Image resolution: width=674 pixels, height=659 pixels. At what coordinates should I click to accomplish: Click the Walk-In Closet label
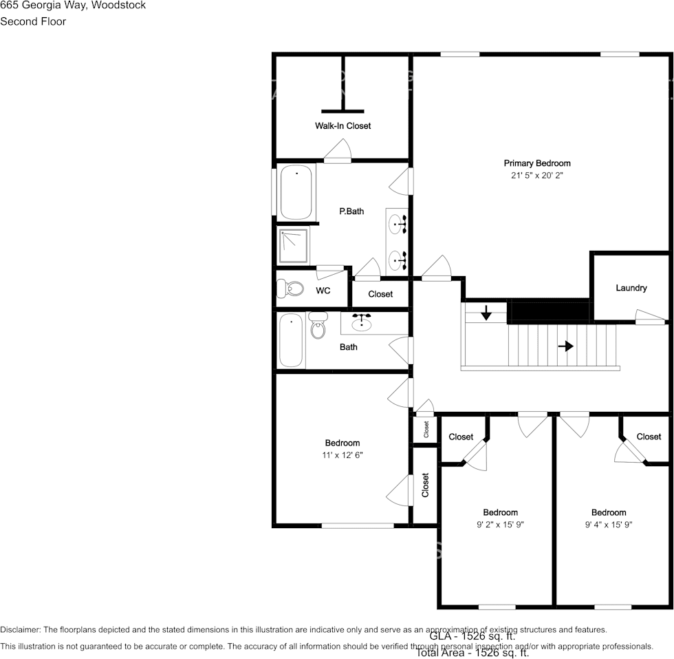coord(343,126)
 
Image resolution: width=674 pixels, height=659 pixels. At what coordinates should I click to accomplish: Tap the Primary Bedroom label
coord(537,163)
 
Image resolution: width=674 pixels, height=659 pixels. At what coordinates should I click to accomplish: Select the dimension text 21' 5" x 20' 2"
coord(537,176)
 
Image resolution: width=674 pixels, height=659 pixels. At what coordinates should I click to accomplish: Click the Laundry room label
coord(631,288)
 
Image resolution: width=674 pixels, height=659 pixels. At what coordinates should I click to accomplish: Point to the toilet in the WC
coord(290,289)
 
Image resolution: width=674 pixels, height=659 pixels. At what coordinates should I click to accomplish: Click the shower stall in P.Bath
coord(294,246)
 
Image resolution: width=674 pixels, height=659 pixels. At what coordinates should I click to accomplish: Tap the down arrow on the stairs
coord(486,313)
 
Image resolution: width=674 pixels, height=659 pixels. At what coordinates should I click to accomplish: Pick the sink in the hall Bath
coord(362,322)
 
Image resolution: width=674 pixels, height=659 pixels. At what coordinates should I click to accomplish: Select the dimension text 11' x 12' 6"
coord(342,455)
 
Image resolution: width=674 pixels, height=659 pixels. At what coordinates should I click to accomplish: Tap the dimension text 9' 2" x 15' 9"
coord(500,525)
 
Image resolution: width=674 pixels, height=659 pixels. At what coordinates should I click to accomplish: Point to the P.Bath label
coord(351,211)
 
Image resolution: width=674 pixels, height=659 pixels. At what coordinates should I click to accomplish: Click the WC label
coord(323,291)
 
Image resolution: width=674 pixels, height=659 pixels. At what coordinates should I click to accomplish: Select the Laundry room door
coord(649,317)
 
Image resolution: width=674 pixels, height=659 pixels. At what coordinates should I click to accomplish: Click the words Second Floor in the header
coord(33,21)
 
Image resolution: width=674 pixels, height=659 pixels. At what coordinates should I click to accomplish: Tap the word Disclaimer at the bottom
coord(21,629)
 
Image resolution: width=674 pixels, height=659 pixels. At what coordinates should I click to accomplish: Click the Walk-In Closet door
coord(338,151)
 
